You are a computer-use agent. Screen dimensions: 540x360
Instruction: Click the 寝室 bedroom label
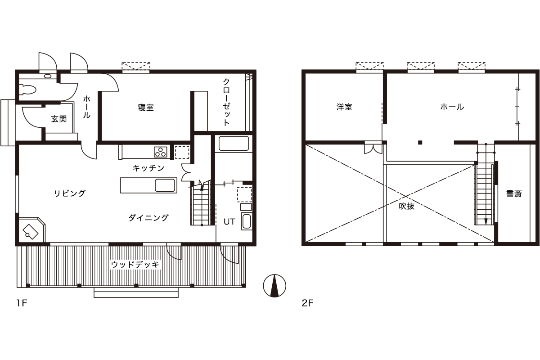(146, 107)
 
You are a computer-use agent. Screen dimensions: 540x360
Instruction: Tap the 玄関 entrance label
(59, 119)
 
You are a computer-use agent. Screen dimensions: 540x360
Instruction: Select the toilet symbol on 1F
(27, 90)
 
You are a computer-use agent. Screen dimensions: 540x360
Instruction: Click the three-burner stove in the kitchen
(161, 152)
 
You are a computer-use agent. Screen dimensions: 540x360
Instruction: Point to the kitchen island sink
(165, 185)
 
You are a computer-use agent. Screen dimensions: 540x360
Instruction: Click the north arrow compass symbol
(274, 285)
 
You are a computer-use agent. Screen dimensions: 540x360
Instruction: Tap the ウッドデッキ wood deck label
(135, 265)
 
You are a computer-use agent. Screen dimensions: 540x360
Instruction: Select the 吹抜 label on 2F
(407, 206)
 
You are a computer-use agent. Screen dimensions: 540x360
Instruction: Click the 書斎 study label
(514, 193)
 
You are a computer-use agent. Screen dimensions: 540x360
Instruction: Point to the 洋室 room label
(344, 107)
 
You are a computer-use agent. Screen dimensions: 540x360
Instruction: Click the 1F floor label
(22, 303)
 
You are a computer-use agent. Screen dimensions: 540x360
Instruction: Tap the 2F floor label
(307, 303)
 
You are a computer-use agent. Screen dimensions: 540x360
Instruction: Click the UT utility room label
(229, 221)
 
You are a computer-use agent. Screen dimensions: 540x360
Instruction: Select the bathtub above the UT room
(234, 144)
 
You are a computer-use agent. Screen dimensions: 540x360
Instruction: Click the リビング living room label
(70, 193)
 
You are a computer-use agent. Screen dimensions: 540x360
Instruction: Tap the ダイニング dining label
(148, 218)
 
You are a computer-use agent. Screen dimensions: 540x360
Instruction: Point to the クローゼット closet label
(226, 102)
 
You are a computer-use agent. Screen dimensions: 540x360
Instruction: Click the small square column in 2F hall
(420, 142)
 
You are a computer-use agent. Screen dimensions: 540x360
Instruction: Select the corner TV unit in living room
(32, 229)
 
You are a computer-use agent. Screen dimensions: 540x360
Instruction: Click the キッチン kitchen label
(148, 168)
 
